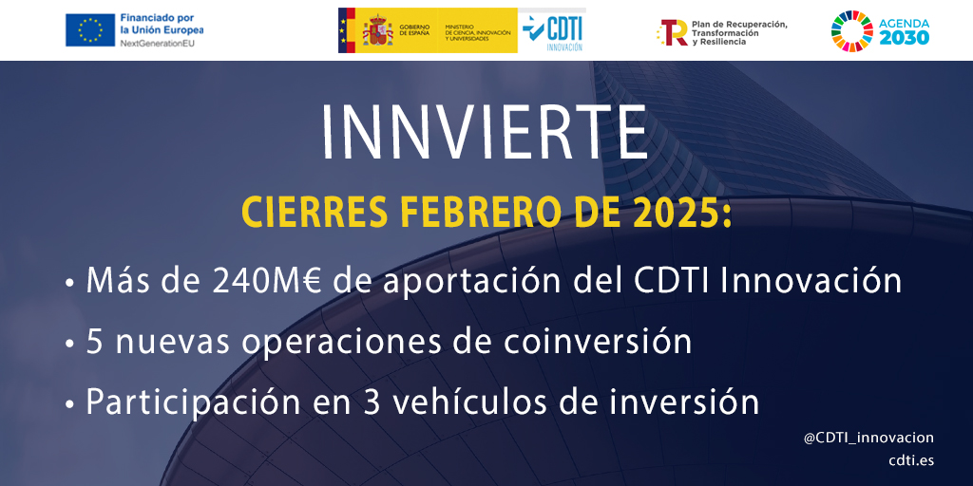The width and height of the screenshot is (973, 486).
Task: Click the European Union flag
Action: click(x=90, y=30)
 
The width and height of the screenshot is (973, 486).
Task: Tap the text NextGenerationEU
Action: click(x=158, y=43)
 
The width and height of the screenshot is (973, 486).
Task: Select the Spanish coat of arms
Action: click(x=377, y=30)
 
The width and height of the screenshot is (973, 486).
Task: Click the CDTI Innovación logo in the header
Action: click(x=552, y=31)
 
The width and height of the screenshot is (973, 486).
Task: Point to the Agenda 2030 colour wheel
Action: click(x=851, y=30)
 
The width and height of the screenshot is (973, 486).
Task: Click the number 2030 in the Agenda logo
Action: click(x=905, y=38)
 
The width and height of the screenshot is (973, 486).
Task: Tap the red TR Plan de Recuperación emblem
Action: click(x=673, y=32)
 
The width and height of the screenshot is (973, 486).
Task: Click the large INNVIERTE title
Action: click(x=486, y=134)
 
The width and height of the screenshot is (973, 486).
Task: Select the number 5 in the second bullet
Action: click(x=94, y=343)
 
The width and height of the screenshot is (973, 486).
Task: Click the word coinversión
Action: click(x=598, y=343)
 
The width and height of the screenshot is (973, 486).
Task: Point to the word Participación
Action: click(x=190, y=402)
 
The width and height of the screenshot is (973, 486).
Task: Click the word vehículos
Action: click(x=471, y=402)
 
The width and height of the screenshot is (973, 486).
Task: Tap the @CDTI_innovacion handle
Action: click(x=868, y=439)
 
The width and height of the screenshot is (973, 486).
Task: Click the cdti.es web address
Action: click(x=911, y=461)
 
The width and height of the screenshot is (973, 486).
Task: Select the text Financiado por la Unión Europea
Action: click(x=162, y=24)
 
